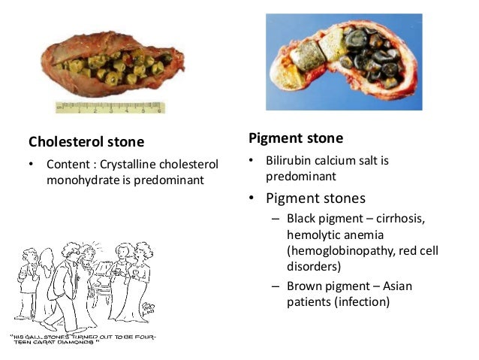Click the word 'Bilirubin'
(x=289, y=161)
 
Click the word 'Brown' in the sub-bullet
(x=303, y=286)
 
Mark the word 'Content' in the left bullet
(x=68, y=164)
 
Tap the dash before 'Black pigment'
(x=276, y=219)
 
